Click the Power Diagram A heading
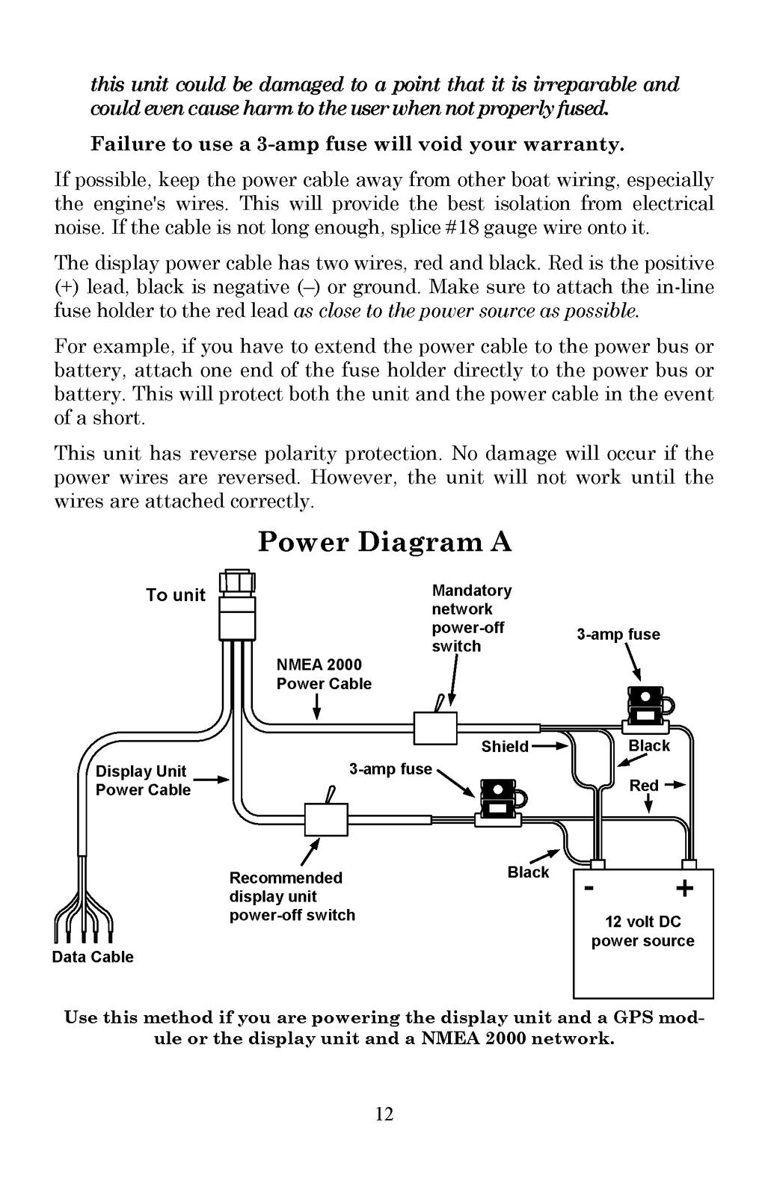coord(384,541)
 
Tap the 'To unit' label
coord(176,595)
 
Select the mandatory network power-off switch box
coord(435,728)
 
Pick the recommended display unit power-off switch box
coord(326,819)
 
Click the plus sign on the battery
coord(685,889)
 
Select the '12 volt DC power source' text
coord(642,931)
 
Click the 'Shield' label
coord(505,747)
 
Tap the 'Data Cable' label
coord(93,957)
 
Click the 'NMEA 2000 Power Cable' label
coord(324,673)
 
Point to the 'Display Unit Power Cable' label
coord(143,780)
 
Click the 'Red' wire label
coord(644,786)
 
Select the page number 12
coord(384,1114)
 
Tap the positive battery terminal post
coord(690,864)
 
